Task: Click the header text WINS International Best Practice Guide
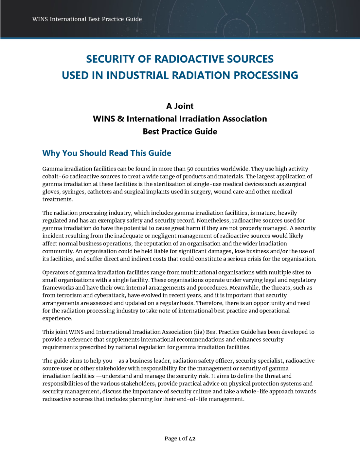tap(87, 19)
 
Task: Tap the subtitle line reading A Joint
tap(180, 106)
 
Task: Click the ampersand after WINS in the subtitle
tap(120, 118)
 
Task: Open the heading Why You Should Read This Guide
tap(107, 153)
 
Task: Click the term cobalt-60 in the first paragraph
tap(55, 176)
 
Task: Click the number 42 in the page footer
tap(192, 439)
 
